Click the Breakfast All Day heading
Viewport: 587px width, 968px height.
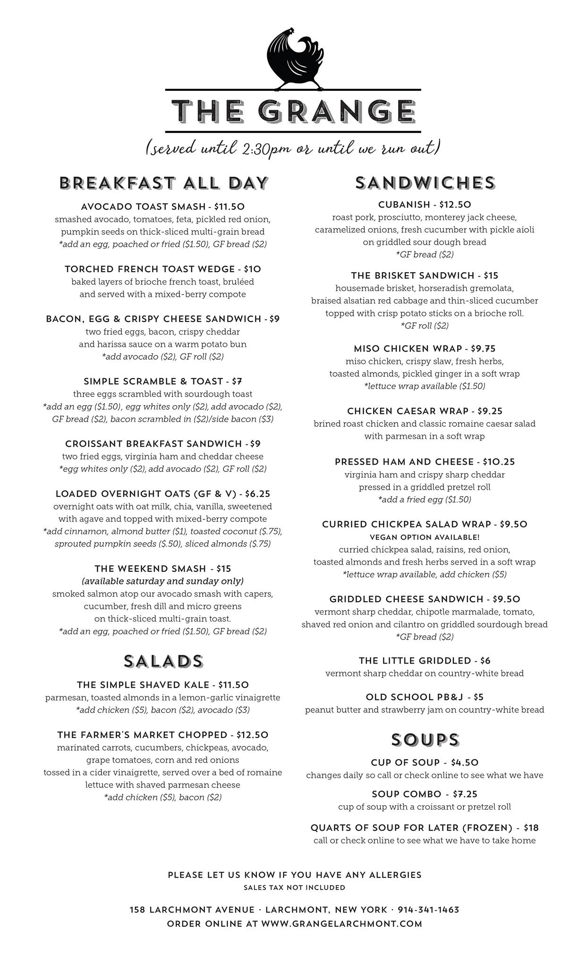tap(163, 183)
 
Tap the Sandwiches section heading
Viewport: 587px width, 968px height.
tap(425, 183)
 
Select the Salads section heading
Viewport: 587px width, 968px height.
tap(163, 661)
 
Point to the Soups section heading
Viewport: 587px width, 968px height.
tap(425, 740)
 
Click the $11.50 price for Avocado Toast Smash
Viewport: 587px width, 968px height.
tap(229, 207)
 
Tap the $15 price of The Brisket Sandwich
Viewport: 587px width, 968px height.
tap(491, 276)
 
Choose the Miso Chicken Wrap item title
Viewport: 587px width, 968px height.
tap(408, 349)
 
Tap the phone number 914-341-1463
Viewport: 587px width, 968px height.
tap(428, 910)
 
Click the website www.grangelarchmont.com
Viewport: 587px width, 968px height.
tap(341, 924)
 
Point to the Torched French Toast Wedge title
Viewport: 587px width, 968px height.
tap(150, 269)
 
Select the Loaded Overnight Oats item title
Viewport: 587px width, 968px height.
tap(145, 494)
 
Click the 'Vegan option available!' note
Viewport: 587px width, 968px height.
tap(425, 537)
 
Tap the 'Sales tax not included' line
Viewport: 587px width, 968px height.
tap(294, 888)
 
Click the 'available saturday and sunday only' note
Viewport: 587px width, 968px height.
tap(163, 581)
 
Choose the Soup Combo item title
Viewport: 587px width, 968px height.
tap(406, 794)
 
